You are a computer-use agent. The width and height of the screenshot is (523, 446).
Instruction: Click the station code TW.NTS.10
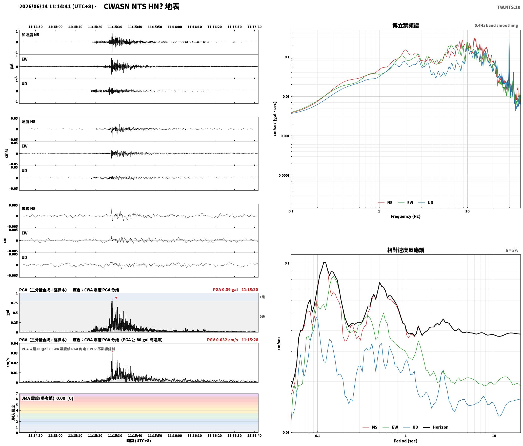tap(509, 7)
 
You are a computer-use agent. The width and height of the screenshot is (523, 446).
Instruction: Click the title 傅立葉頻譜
tap(405, 25)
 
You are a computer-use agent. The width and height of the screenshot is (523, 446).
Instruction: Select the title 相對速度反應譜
tap(406, 250)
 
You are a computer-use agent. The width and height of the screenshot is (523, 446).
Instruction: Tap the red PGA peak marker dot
tap(116, 298)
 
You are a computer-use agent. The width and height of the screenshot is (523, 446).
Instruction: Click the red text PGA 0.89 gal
tap(225, 290)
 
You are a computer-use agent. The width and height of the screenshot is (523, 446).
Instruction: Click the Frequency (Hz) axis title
tap(405, 216)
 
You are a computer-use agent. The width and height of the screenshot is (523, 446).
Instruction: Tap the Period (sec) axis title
tap(405, 441)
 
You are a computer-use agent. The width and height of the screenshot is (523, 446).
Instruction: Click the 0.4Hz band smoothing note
tap(496, 25)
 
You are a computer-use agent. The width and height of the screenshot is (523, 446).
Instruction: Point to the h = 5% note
tap(512, 250)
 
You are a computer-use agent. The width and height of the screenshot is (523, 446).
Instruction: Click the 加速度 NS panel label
tap(30, 35)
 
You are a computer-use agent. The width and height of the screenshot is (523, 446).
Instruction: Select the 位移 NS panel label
tap(28, 209)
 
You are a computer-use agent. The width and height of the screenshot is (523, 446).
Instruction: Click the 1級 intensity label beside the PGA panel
tap(262, 297)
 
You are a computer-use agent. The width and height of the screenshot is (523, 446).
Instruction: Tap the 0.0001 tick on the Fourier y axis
tap(284, 175)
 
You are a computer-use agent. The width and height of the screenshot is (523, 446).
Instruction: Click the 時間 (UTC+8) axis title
tap(138, 441)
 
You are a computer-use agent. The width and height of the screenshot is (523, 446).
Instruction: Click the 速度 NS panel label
tap(28, 122)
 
